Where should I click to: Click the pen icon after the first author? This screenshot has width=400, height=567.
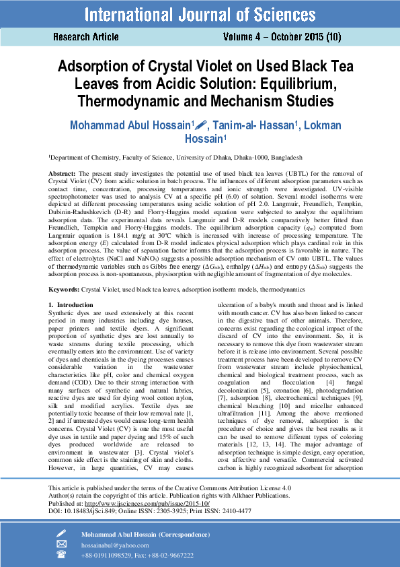(202, 125)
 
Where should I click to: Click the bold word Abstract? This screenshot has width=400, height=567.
(63, 174)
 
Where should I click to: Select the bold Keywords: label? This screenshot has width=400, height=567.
(67, 289)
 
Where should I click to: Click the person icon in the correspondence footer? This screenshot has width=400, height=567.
(62, 533)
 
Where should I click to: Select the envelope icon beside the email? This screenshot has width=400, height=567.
(62, 544)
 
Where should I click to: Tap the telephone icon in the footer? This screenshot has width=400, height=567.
(62, 555)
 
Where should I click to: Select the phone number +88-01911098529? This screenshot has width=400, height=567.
(109, 555)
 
